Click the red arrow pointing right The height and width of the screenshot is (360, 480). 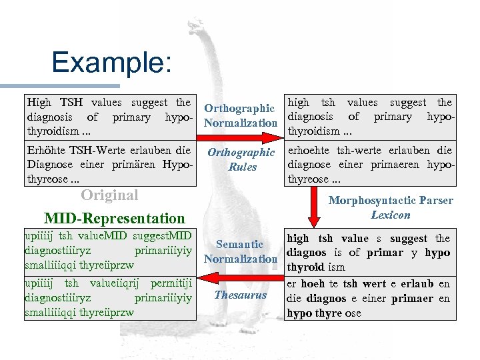click(x=240, y=138)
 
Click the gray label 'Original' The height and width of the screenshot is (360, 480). click(x=109, y=195)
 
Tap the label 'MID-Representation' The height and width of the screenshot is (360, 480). click(x=114, y=218)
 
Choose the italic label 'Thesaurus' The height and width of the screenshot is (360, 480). click(x=240, y=295)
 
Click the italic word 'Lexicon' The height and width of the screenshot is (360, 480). click(x=390, y=215)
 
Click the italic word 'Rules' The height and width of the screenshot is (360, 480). click(x=241, y=167)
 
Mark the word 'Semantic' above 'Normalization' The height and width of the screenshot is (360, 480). click(x=239, y=245)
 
